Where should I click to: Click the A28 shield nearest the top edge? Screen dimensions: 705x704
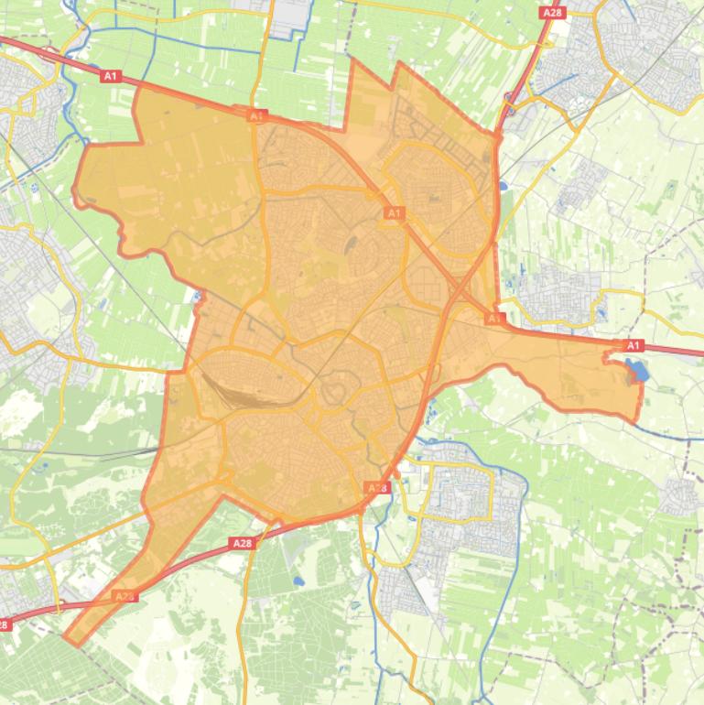(553, 13)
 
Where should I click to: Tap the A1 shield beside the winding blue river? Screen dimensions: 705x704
(111, 76)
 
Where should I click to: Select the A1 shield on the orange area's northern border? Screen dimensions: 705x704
(256, 116)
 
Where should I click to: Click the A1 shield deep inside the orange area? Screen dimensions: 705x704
(394, 212)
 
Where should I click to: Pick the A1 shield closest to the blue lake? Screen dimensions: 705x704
(633, 345)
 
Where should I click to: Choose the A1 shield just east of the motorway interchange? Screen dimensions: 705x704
(494, 318)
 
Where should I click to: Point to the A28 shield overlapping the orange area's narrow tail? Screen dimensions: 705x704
(125, 596)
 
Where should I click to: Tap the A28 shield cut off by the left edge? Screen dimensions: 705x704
(4, 625)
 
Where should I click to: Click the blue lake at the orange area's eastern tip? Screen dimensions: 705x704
(635, 372)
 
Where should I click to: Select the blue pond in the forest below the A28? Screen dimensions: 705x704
(298, 581)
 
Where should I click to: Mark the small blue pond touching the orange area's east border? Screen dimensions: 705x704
(503, 187)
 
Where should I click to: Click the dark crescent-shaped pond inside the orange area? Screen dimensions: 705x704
(352, 245)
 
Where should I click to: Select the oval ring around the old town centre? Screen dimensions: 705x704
(335, 394)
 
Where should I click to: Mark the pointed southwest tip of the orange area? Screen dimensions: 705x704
(68, 637)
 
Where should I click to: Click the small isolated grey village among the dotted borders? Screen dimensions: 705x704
(681, 495)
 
